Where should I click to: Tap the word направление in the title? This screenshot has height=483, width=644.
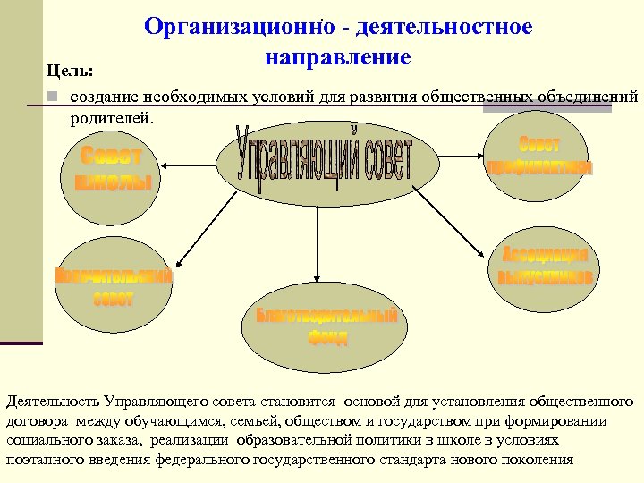[x=338, y=58]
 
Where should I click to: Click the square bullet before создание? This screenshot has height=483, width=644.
[x=53, y=97]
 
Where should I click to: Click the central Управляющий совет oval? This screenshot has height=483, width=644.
[x=326, y=162]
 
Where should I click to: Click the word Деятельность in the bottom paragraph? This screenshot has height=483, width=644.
[x=52, y=403]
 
